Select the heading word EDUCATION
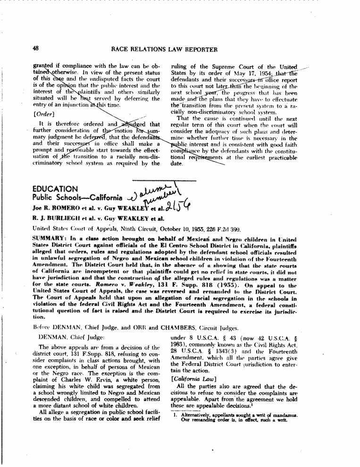[52, 189]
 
